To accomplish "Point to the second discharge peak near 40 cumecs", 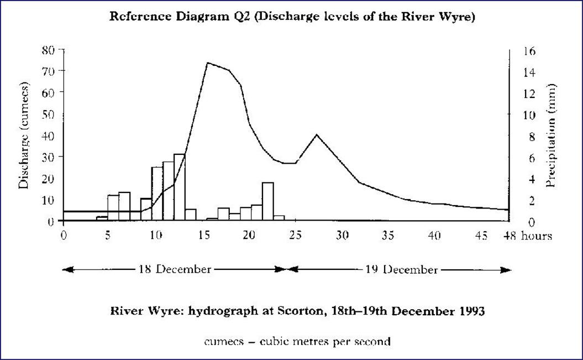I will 316,134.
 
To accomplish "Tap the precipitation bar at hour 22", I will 267,201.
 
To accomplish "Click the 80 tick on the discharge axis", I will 49,50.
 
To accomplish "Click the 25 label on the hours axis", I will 296,236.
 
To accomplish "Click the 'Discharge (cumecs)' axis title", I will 24,135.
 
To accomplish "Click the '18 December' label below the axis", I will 175,269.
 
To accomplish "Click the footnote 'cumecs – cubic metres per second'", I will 297,341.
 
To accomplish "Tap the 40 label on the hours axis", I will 435,236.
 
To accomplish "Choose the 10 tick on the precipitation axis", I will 529,114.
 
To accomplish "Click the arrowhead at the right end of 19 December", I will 506,269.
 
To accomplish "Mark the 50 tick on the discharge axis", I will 49,114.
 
